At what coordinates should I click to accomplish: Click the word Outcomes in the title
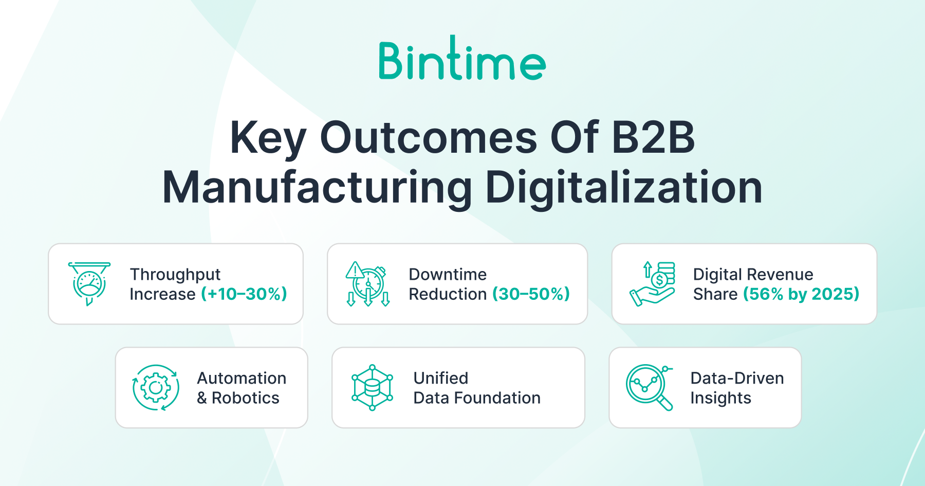429,137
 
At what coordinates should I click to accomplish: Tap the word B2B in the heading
653,137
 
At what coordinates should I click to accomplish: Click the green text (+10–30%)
244,294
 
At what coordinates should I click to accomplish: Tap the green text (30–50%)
531,294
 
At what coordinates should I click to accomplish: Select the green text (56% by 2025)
802,294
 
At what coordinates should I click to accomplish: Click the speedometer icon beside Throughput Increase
89,284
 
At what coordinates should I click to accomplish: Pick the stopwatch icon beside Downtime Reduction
368,284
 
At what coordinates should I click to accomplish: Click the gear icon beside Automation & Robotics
156,388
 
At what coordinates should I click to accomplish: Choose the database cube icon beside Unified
373,388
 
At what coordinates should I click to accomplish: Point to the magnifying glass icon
650,388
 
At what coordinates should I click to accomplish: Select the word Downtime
448,275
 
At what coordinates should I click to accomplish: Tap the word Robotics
246,398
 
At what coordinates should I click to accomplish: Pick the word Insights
721,399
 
